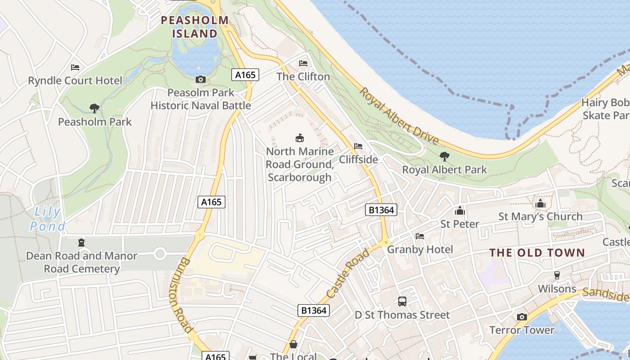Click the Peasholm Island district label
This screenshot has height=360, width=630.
[x=195, y=27]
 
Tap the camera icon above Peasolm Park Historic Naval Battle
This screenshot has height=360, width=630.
[x=201, y=80]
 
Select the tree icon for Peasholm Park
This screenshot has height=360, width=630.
[x=94, y=108]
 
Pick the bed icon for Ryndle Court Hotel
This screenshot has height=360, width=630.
[x=75, y=67]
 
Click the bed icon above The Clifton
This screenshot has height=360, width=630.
[x=303, y=63]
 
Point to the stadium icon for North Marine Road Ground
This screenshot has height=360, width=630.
[x=300, y=138]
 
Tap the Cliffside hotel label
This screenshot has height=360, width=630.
[x=358, y=159]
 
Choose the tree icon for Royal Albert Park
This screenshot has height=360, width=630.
[x=445, y=157]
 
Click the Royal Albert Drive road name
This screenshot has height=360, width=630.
[x=399, y=116]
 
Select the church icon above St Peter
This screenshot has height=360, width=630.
[x=459, y=210]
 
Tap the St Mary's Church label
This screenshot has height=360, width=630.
[x=540, y=216]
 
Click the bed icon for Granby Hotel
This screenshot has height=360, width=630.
[x=420, y=236]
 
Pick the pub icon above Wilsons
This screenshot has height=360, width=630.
[x=557, y=275]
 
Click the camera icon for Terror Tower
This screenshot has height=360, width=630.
[x=522, y=317]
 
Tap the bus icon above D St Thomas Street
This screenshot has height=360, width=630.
[x=402, y=301]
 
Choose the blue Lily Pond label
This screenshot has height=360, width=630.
[x=48, y=219]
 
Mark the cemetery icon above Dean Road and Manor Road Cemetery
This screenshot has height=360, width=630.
[x=81, y=243]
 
